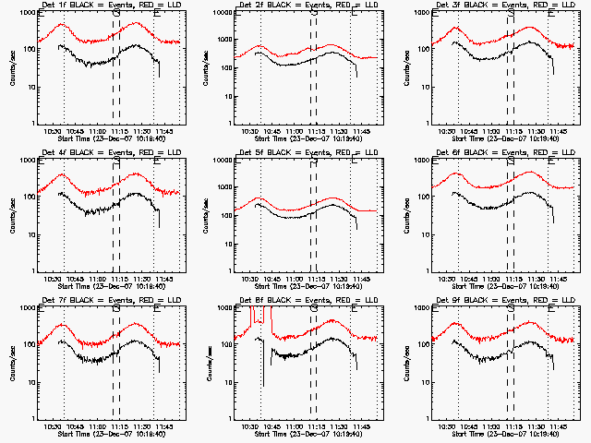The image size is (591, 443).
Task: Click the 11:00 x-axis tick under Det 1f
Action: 98,132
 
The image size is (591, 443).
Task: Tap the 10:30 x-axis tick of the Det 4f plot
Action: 53,280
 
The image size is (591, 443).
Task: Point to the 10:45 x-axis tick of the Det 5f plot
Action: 272,280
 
